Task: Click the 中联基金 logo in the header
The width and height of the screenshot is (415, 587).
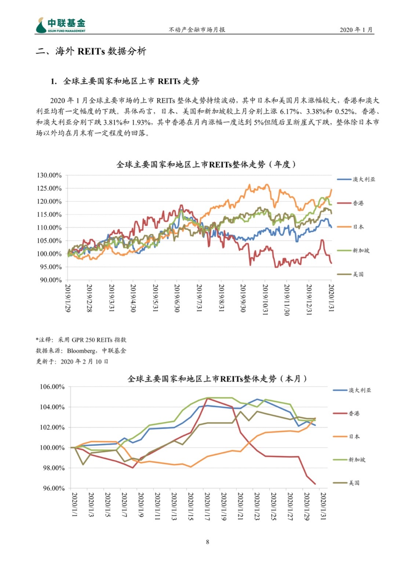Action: pos(61,25)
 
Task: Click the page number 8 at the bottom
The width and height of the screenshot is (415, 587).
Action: pos(208,542)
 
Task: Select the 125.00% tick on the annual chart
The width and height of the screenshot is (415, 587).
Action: pos(49,189)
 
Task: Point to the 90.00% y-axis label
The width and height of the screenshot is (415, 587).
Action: pos(51,280)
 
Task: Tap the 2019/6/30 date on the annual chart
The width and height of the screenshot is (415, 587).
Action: pos(177,298)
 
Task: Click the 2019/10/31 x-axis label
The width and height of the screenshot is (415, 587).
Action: pos(265,300)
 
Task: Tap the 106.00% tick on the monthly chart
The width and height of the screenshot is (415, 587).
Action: pos(52,387)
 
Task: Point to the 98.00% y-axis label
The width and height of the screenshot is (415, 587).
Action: pos(54,468)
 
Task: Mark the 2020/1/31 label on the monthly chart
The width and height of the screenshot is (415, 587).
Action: pos(323,507)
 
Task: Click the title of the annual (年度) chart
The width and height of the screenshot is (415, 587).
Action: pos(206,165)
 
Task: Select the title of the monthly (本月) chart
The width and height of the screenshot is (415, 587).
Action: pos(217,379)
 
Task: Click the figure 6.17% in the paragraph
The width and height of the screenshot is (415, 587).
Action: pos(290,112)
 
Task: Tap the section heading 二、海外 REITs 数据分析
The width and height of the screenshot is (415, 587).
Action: pos(91,51)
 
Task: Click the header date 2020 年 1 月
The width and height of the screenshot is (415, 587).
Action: pos(356,30)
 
